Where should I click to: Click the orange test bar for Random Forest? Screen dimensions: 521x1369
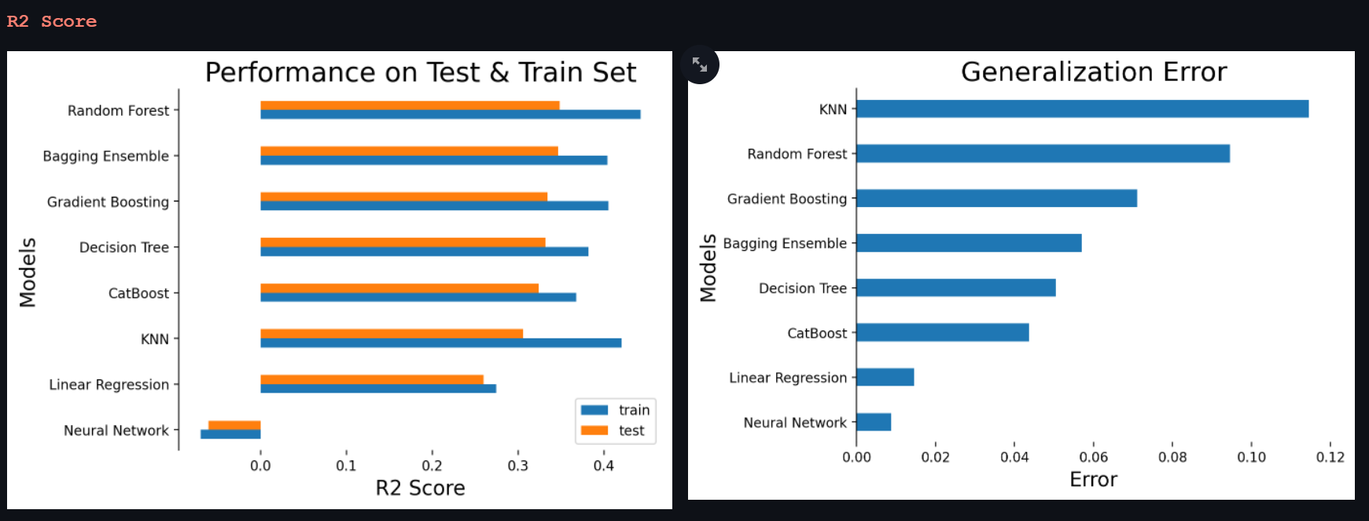(410, 105)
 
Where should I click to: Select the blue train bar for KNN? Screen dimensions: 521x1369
(440, 343)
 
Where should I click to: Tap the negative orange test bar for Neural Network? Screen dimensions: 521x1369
(234, 426)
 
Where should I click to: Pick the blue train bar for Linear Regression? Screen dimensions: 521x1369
(377, 389)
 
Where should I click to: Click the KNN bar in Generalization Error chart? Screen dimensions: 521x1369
(1082, 109)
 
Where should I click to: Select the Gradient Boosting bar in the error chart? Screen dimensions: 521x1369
(996, 198)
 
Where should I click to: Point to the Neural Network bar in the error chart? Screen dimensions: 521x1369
(874, 423)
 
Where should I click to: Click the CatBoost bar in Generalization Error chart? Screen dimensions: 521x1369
(942, 333)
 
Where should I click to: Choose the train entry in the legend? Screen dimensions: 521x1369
(615, 410)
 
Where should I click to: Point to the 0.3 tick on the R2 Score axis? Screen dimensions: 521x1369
(517, 466)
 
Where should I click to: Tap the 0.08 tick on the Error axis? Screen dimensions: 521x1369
(1172, 457)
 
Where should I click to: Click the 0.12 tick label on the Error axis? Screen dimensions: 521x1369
(1330, 457)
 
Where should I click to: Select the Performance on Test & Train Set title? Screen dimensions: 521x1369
(420, 72)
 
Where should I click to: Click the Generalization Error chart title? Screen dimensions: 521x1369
(1093, 72)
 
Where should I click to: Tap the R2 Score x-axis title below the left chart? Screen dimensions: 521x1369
(420, 488)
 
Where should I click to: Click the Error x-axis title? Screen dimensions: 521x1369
(1093, 479)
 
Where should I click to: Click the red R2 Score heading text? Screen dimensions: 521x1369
(52, 21)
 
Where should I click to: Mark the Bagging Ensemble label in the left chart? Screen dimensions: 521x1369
(105, 156)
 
